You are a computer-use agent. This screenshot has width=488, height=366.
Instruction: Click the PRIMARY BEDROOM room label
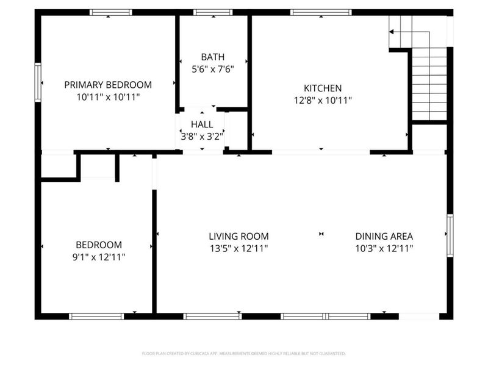(x=108, y=85)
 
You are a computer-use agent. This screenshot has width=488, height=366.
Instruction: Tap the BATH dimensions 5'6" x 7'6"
(x=213, y=69)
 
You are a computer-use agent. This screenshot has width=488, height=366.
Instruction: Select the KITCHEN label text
(x=323, y=88)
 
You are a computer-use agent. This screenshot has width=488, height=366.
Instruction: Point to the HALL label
(x=202, y=124)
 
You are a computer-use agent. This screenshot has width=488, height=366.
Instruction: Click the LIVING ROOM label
(x=239, y=236)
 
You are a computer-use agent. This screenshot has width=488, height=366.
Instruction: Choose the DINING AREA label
(x=384, y=236)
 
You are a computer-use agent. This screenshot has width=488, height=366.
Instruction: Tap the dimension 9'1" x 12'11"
(x=98, y=257)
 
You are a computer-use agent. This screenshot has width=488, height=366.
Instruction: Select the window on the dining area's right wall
(x=450, y=234)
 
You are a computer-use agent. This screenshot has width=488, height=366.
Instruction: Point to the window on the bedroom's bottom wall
(x=96, y=316)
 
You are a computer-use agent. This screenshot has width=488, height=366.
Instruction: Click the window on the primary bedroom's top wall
(x=110, y=12)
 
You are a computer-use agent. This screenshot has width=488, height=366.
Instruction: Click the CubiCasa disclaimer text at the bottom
(x=244, y=353)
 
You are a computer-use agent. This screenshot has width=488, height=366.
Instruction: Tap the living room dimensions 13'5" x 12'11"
(x=239, y=248)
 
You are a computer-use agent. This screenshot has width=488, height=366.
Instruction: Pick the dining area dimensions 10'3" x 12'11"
(x=384, y=248)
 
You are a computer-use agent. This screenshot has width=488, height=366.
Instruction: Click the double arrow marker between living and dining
(x=321, y=234)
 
